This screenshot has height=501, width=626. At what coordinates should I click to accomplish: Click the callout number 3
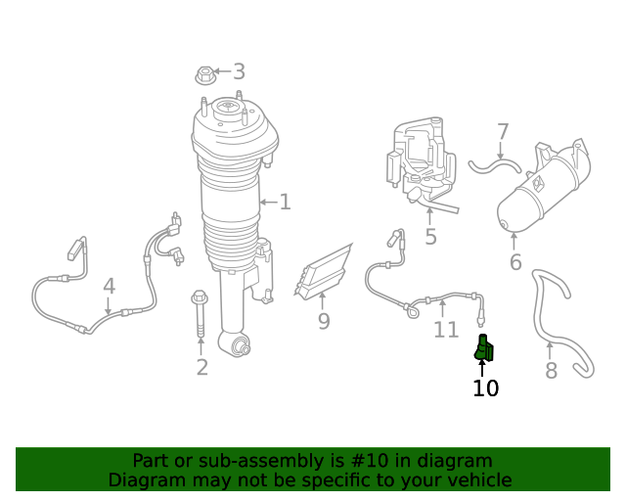(x=238, y=71)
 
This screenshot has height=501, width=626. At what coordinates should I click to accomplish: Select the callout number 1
(x=285, y=203)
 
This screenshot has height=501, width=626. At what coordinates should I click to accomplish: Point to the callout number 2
(x=201, y=367)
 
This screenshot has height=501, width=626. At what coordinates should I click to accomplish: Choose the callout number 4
(x=109, y=287)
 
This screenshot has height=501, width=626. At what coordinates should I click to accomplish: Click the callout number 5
(x=430, y=237)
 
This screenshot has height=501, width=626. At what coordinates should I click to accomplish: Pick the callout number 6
(x=515, y=262)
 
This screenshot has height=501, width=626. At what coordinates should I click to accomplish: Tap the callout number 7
(x=503, y=132)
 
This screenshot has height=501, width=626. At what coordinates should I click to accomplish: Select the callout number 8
(x=551, y=371)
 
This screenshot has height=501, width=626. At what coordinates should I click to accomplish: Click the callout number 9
(x=323, y=321)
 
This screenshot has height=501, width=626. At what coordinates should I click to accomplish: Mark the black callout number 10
(x=485, y=387)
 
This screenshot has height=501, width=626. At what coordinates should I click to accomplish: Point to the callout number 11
(x=446, y=330)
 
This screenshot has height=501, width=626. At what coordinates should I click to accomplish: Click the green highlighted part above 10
(x=484, y=348)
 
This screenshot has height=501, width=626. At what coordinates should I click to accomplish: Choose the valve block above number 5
(x=424, y=161)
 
